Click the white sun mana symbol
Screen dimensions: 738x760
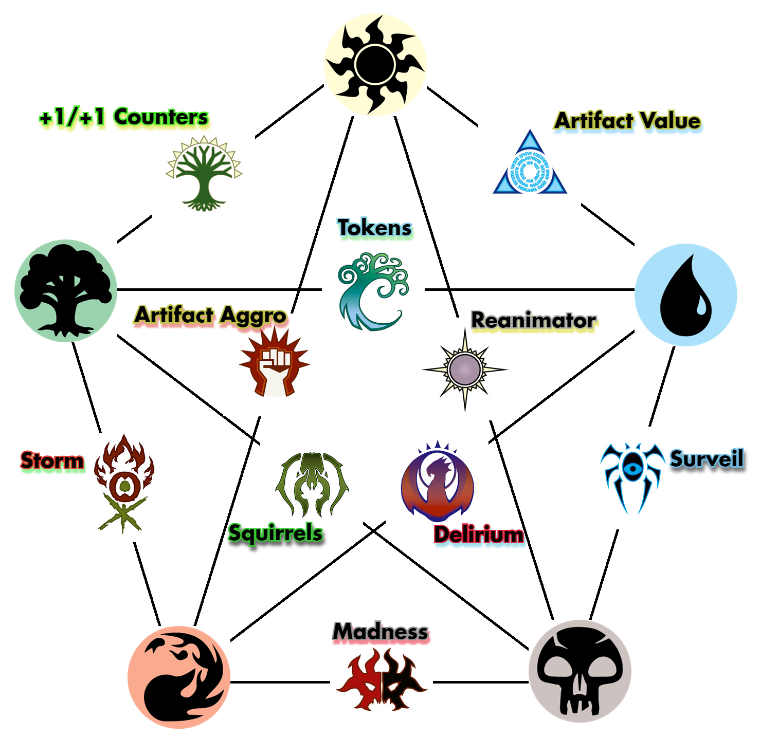coord(375,65)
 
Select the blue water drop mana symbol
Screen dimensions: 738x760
coord(685,294)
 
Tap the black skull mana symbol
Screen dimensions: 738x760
coord(580,671)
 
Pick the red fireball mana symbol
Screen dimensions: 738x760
coord(178,677)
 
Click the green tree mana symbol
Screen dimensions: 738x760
coord(65,290)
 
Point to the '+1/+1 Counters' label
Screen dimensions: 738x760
coord(124,117)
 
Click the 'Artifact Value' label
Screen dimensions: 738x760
coord(627,121)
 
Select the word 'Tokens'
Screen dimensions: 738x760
coord(374,228)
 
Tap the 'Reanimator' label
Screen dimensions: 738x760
coord(533,321)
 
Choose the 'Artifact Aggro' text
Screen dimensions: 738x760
coord(210,315)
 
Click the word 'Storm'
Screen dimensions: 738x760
coord(52,460)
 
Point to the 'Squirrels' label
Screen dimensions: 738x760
coord(275,533)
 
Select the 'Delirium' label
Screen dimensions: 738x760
coord(478,534)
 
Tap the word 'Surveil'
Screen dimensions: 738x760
coord(707,458)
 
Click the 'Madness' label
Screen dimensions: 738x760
coord(381,632)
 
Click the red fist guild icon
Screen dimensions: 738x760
coord(274,363)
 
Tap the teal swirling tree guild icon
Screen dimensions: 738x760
coord(373,290)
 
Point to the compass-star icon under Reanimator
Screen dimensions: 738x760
coord(465,369)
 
